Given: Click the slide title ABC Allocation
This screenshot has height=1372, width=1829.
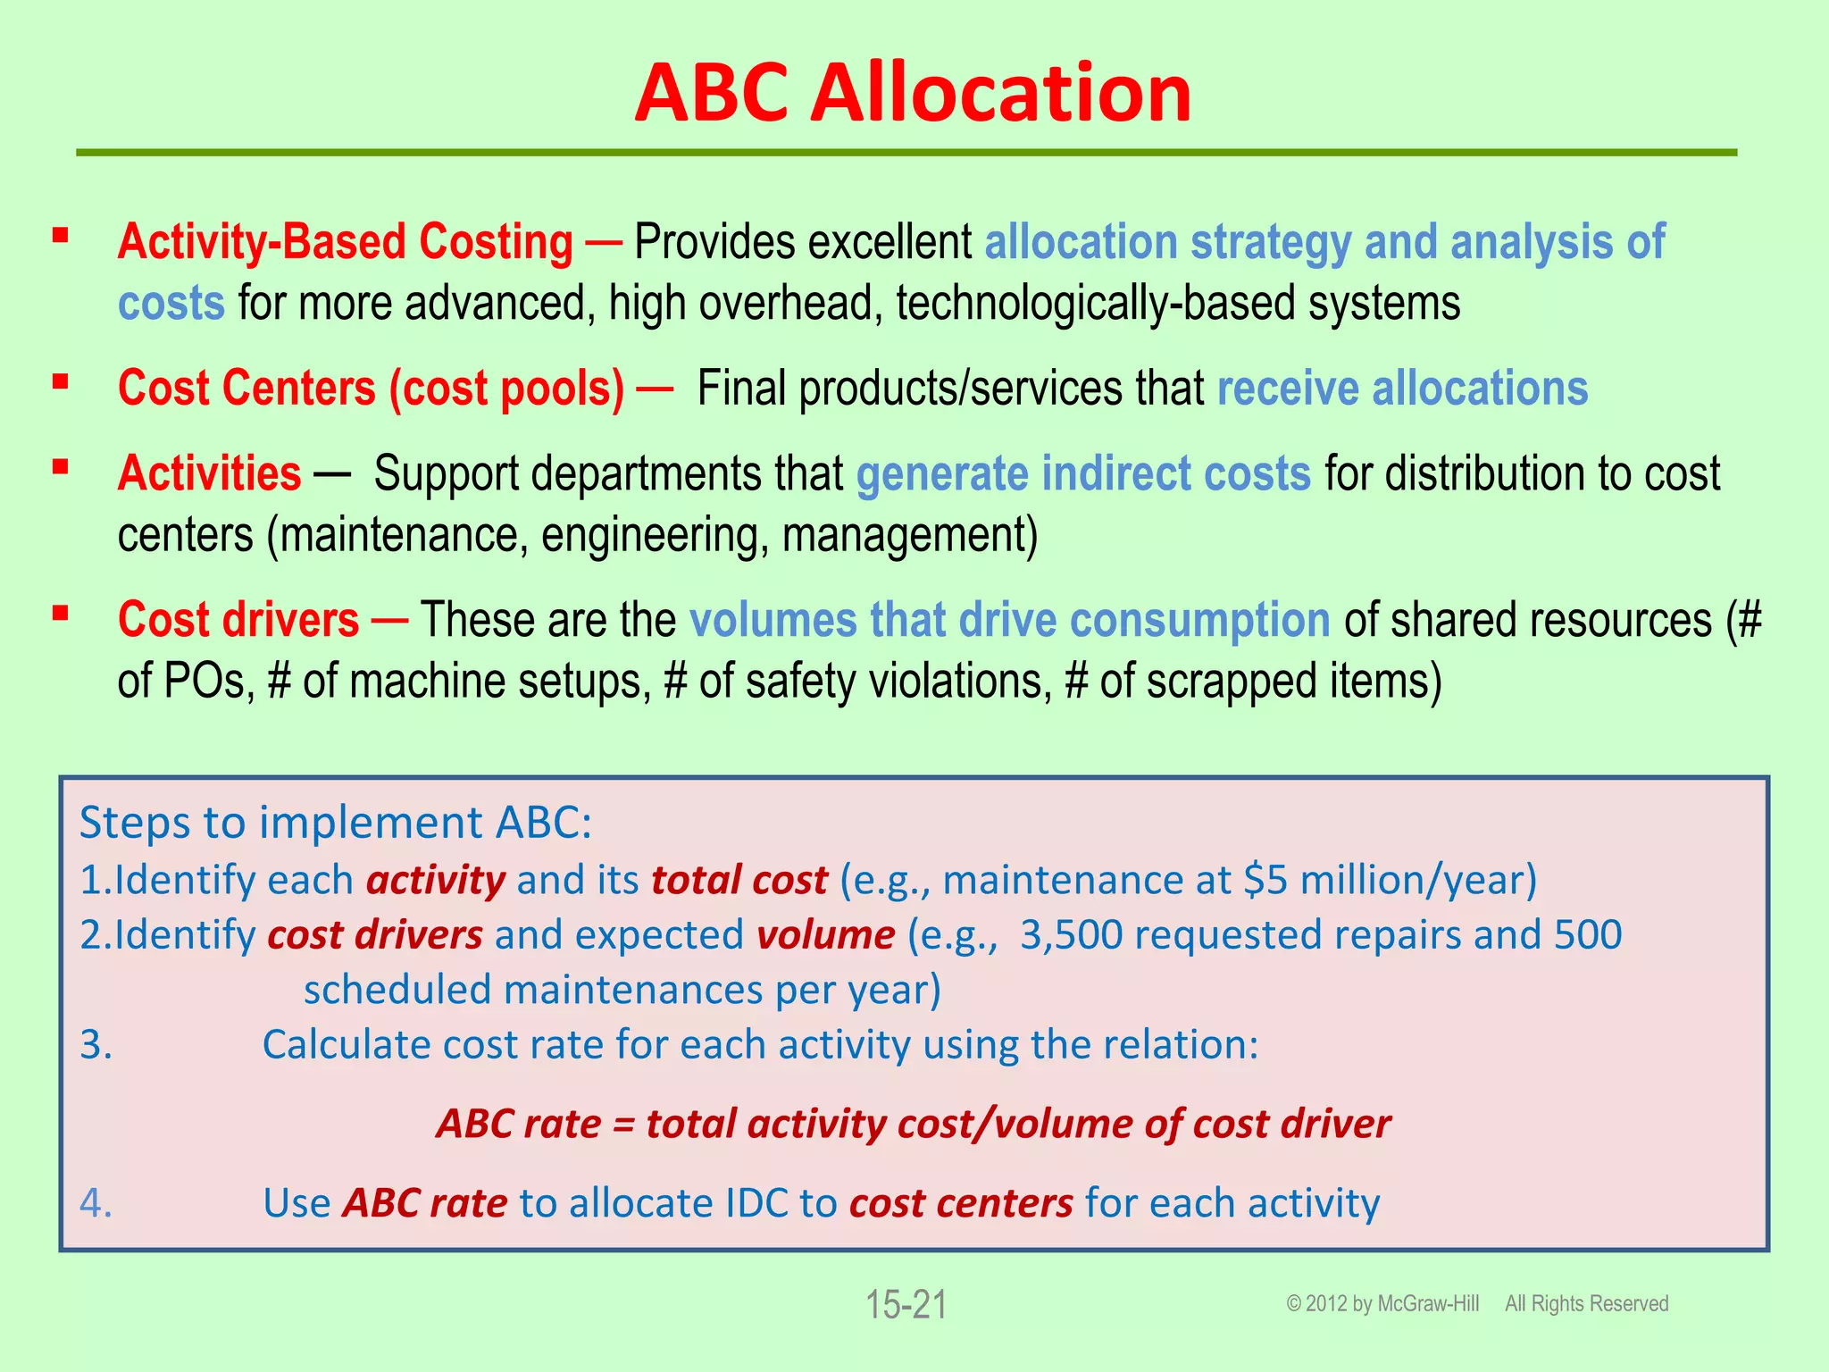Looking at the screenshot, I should (x=913, y=93).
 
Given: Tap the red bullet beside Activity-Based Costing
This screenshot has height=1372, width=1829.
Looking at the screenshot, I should (x=61, y=236).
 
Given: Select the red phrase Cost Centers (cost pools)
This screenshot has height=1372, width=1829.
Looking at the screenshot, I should (x=371, y=389).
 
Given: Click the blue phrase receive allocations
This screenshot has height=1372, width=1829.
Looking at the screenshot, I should (x=1402, y=389).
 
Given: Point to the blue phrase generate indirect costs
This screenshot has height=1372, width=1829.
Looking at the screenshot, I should (x=1083, y=473).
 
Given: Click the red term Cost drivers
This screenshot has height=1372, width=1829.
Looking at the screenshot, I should (x=238, y=619).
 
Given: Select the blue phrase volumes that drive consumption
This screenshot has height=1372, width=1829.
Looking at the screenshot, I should (x=1009, y=619).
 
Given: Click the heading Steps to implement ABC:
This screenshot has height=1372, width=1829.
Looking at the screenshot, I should (x=336, y=822).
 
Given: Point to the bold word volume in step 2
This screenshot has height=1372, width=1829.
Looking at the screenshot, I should (x=825, y=935).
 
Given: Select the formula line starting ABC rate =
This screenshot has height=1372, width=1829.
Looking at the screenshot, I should (x=913, y=1124).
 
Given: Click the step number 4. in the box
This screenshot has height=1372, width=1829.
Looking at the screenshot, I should (x=96, y=1203).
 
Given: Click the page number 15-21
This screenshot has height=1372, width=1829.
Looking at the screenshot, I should (x=906, y=1305).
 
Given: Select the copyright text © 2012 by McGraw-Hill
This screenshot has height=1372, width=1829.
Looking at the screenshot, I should (x=1382, y=1304).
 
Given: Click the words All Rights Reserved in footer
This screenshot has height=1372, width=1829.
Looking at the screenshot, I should (x=1586, y=1304).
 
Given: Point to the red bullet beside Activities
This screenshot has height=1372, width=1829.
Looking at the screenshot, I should (x=61, y=467).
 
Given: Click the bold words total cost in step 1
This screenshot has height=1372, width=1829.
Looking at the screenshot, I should (x=739, y=880).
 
